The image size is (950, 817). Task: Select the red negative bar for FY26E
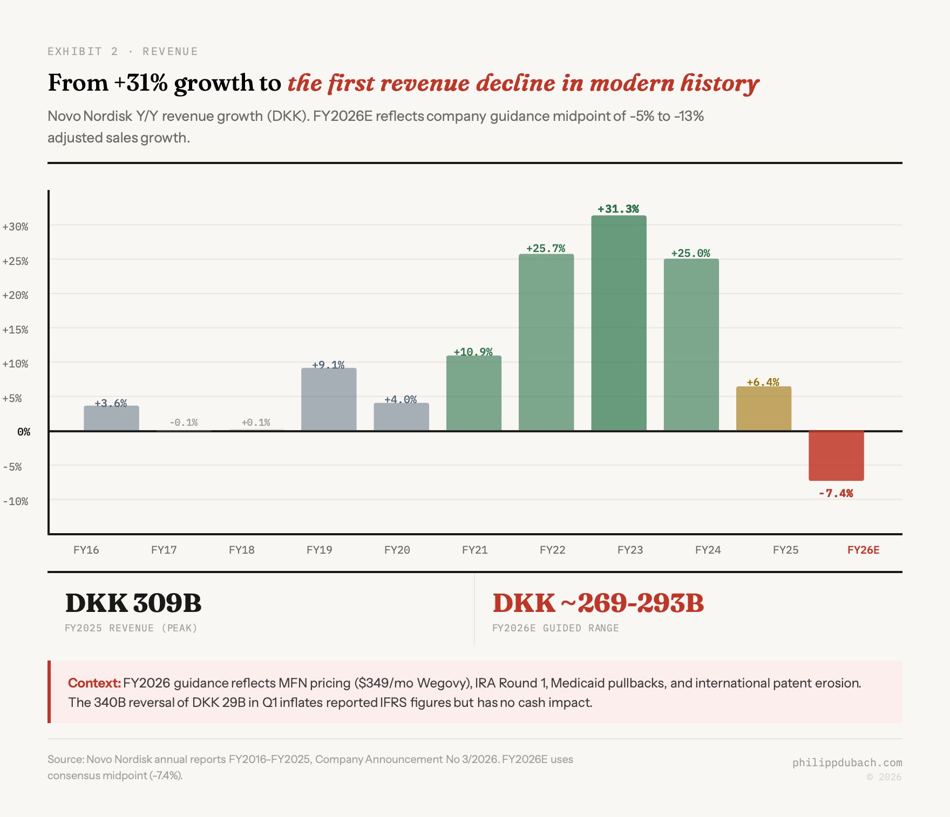(836, 455)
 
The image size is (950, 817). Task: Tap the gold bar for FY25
(763, 409)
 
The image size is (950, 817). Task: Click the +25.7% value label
(546, 248)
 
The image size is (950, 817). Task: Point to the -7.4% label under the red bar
(836, 493)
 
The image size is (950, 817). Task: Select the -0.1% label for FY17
(184, 422)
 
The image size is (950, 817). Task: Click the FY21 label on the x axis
(474, 550)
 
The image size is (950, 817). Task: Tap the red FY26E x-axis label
(863, 550)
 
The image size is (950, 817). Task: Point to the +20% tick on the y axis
(15, 295)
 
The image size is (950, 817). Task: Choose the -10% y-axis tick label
(15, 501)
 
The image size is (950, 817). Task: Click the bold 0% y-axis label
(24, 432)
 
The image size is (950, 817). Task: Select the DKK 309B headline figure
(133, 603)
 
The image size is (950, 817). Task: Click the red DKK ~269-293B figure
(598, 603)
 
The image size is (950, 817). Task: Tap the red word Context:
(94, 683)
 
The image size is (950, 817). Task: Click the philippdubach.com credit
(847, 762)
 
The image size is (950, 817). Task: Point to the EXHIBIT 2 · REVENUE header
(123, 51)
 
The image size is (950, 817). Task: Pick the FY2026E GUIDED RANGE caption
(555, 628)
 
